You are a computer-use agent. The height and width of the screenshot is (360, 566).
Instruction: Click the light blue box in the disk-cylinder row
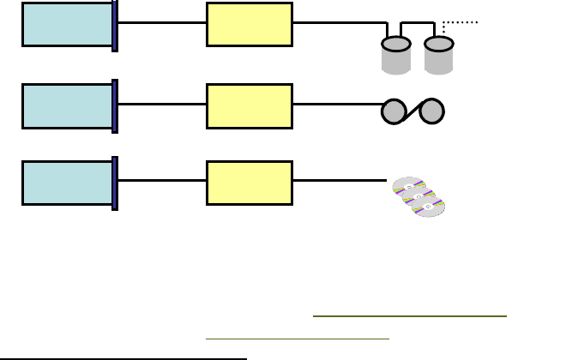click(67, 24)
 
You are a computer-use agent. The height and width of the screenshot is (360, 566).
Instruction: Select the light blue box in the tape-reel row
click(67, 106)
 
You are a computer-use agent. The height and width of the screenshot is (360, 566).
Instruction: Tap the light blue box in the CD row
click(67, 183)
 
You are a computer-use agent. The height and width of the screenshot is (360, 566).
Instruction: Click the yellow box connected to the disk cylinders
click(250, 24)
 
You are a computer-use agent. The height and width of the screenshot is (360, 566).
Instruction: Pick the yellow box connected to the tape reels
click(250, 106)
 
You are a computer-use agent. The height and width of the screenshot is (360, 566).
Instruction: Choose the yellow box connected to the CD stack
click(250, 183)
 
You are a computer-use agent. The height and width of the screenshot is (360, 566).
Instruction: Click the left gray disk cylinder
click(395, 55)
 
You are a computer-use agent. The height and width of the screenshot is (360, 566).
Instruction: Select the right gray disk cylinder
click(438, 55)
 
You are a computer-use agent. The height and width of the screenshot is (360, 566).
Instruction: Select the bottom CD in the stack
click(430, 207)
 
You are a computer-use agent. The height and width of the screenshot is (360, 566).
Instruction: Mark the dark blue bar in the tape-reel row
click(115, 106)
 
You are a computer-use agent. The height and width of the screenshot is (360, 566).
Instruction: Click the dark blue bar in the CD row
click(115, 183)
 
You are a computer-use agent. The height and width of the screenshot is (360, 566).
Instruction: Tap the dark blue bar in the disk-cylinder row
click(115, 25)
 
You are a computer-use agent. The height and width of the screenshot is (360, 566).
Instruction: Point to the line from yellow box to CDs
click(340, 180)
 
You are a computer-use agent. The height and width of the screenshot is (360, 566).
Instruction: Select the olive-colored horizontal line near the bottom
click(410, 316)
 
